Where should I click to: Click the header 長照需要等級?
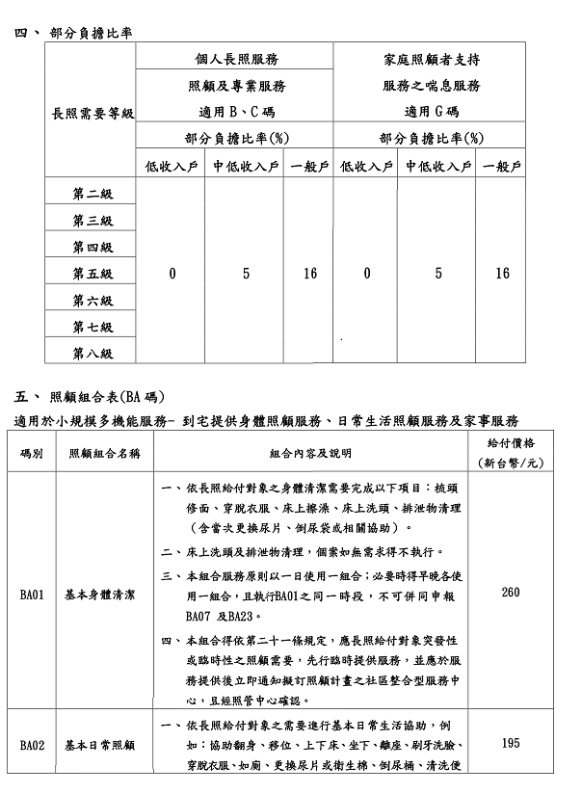(x=93, y=113)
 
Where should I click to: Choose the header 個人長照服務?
(x=236, y=60)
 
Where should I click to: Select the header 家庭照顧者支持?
(x=431, y=60)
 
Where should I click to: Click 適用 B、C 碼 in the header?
(x=236, y=110)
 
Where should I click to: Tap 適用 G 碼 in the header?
(x=431, y=110)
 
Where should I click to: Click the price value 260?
(x=511, y=593)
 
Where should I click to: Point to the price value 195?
(x=511, y=744)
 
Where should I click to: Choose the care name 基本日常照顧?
(x=100, y=745)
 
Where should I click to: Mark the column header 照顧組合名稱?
(x=100, y=452)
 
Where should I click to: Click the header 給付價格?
(x=511, y=443)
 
